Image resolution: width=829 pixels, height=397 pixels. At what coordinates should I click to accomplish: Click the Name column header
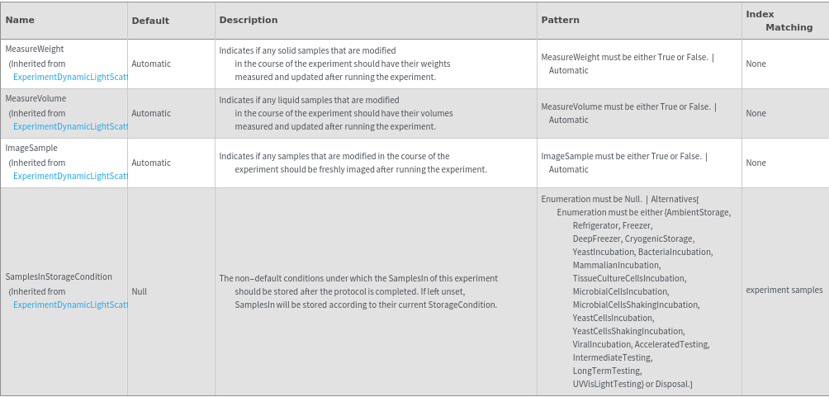coord(20,20)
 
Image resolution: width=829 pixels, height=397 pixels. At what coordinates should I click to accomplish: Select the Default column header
coord(150,21)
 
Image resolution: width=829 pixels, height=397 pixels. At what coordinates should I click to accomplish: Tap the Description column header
coord(249,20)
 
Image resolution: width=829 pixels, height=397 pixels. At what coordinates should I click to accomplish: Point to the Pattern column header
coord(560,20)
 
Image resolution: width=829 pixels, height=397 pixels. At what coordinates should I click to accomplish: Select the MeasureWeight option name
coord(35,50)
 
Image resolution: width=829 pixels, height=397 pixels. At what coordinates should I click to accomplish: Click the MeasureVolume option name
coord(36,99)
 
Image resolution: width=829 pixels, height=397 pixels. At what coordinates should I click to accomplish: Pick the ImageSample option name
coord(31,149)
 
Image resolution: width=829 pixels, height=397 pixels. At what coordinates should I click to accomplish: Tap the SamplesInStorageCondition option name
coord(59,277)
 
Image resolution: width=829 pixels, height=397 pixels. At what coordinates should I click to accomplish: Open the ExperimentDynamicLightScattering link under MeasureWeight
coord(70,78)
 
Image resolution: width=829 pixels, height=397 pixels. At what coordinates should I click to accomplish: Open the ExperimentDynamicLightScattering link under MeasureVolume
coord(70,127)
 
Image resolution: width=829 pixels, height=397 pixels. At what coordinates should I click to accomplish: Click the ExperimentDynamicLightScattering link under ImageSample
coord(70,177)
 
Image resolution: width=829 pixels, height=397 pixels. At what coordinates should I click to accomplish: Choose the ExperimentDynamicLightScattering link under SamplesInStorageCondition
coord(70,305)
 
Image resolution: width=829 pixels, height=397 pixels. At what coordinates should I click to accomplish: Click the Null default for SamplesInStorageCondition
coord(139,291)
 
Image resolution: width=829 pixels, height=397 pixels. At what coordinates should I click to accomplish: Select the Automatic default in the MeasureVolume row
coord(151,113)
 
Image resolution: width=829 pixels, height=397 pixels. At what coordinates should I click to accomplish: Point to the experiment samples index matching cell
coord(784,291)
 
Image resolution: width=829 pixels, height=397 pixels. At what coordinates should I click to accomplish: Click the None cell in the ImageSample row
coord(756,163)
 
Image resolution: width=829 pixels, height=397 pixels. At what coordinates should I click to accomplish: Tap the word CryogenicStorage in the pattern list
coord(660,239)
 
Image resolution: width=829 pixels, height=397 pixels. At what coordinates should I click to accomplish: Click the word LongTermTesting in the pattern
coord(607,371)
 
